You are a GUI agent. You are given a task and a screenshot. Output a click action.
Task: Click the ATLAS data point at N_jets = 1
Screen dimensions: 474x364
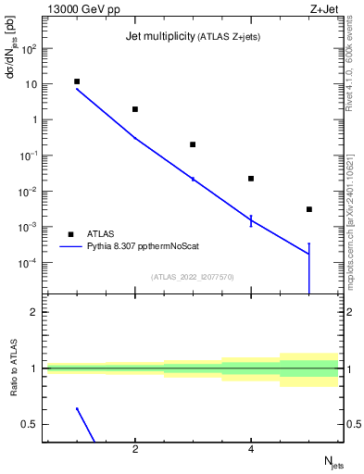(77, 81)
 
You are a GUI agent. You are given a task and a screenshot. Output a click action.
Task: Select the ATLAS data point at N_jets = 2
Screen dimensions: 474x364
(135, 109)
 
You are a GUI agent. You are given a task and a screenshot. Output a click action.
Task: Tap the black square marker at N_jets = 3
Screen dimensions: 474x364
(193, 144)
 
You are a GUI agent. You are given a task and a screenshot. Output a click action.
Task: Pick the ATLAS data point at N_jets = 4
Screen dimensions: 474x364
(251, 179)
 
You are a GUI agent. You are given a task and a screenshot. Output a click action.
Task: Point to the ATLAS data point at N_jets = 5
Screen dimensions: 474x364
(309, 209)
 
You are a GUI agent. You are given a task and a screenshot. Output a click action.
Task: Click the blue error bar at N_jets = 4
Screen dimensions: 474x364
(251, 220)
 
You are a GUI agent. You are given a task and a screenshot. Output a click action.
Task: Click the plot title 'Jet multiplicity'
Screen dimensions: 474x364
(157, 37)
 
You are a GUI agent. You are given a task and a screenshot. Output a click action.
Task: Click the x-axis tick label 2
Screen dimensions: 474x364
(135, 450)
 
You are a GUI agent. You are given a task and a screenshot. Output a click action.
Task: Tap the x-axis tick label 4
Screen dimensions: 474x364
(251, 450)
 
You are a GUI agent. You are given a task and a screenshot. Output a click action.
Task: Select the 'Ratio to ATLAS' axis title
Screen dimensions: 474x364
(14, 370)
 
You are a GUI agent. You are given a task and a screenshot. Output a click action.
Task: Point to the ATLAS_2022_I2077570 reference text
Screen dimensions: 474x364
(193, 276)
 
